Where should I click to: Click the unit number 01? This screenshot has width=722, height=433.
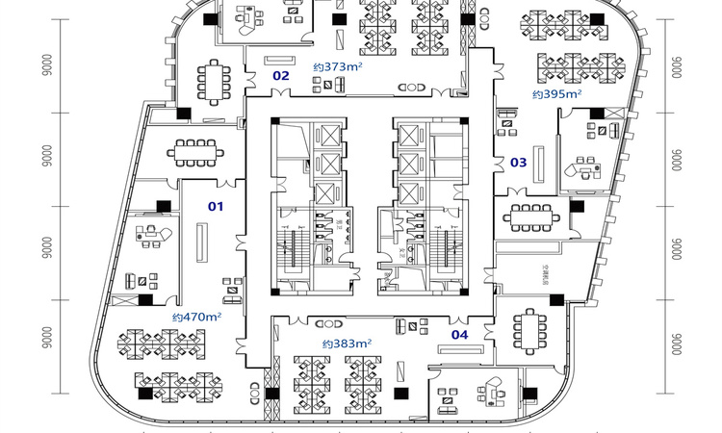[217, 206]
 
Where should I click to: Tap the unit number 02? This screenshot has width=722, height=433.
[280, 75]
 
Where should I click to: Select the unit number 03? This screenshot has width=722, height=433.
[518, 163]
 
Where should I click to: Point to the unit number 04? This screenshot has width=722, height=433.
[460, 335]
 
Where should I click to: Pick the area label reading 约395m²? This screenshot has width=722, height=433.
[558, 94]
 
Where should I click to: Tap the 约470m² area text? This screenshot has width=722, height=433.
[197, 317]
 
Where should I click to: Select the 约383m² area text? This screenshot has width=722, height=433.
[348, 343]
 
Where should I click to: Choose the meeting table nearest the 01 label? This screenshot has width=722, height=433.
[195, 149]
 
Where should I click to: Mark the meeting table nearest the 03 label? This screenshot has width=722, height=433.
[530, 216]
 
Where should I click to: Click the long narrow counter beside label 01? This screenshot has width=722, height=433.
[202, 241]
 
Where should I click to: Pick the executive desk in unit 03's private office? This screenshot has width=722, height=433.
[586, 167]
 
